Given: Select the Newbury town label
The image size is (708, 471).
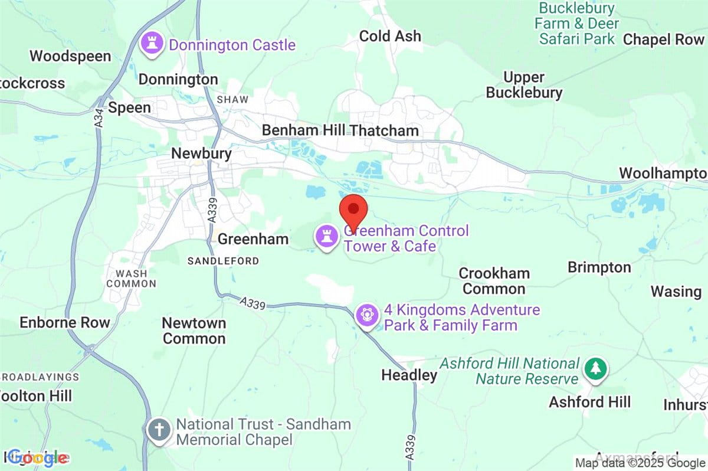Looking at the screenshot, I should tap(201, 153).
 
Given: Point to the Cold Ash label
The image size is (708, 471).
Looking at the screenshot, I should tap(391, 36).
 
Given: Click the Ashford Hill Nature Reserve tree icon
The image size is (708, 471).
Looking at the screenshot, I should tap(596, 369).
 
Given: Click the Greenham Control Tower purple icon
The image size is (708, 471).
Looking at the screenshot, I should tap(326, 238).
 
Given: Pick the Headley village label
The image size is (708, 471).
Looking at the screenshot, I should tap(409, 375).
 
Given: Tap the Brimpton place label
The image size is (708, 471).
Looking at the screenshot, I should tap(599, 267).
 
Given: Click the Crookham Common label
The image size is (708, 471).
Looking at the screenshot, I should tap(494, 281).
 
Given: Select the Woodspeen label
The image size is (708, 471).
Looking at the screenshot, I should tap(70, 56).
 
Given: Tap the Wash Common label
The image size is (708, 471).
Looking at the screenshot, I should tap(132, 279).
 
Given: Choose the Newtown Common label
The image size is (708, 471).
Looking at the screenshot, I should tap(194, 331).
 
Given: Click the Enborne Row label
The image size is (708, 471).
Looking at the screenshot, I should tap(65, 322).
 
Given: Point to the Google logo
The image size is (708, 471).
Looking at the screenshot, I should tap(37, 457).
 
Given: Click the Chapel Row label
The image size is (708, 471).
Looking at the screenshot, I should tap(663, 40).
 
